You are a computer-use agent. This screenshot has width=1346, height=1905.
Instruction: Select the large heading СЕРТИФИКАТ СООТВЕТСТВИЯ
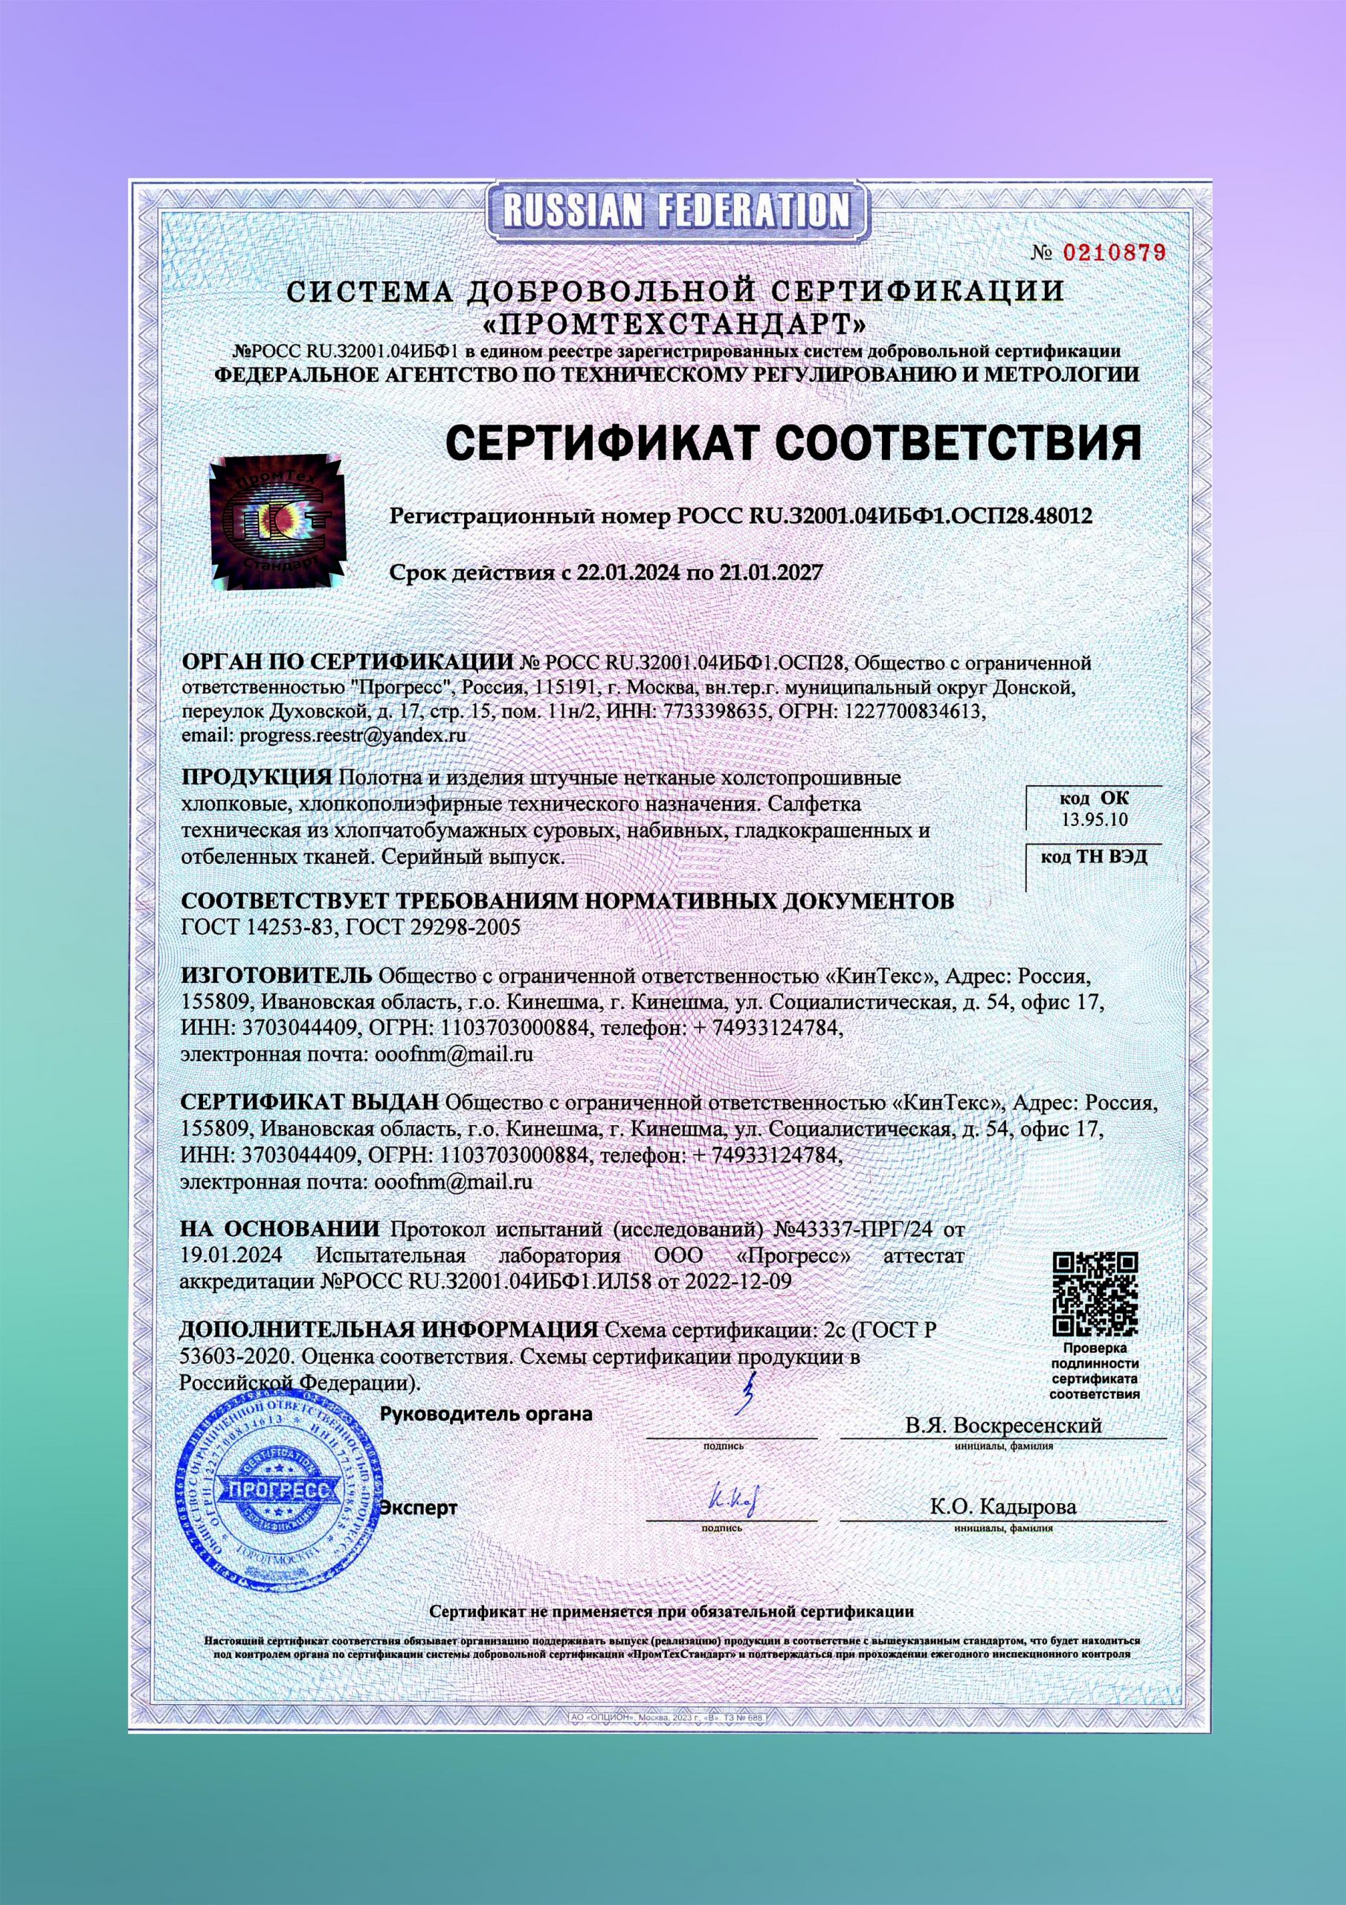[793, 442]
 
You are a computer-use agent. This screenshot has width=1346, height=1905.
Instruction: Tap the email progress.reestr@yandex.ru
[352, 735]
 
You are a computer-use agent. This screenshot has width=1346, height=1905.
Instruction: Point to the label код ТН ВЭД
[1094, 857]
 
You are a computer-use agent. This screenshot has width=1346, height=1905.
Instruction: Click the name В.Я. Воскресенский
[1003, 1426]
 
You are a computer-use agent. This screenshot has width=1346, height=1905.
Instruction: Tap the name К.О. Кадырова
[1003, 1507]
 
